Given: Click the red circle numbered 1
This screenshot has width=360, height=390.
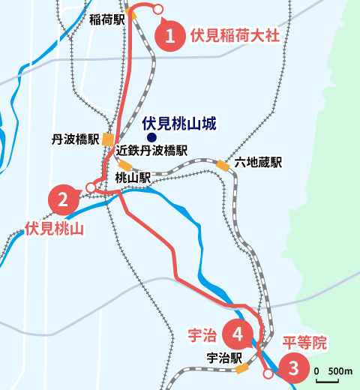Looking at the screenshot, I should click(x=171, y=35).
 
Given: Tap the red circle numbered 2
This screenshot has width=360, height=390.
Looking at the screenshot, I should click(x=64, y=199).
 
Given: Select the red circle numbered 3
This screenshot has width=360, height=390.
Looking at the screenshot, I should click(x=293, y=368).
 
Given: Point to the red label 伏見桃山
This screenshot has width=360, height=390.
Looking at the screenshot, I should click(x=53, y=229).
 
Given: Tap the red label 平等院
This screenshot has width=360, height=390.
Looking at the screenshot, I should click(x=304, y=343).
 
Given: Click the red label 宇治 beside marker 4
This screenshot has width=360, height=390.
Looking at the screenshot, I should click(x=200, y=332).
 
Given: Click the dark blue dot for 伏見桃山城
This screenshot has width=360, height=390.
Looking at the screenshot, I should click(x=151, y=138).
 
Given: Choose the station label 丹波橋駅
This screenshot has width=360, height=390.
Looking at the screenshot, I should click(x=76, y=139).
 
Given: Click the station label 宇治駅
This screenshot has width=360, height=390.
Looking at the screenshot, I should click(x=223, y=358).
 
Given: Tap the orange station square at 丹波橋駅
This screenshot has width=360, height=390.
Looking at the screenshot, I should click(x=109, y=139).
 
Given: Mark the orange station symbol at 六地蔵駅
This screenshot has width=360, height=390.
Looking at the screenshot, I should click(x=223, y=165).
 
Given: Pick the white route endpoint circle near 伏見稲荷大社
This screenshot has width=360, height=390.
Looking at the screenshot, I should click(x=158, y=8).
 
